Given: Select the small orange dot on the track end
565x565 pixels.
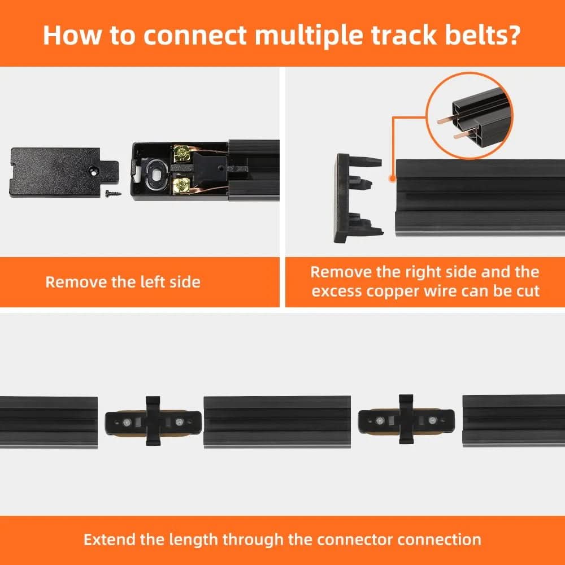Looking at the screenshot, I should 392,177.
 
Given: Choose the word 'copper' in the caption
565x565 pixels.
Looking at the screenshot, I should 415,291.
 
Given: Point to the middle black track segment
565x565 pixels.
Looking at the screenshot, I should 277,421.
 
